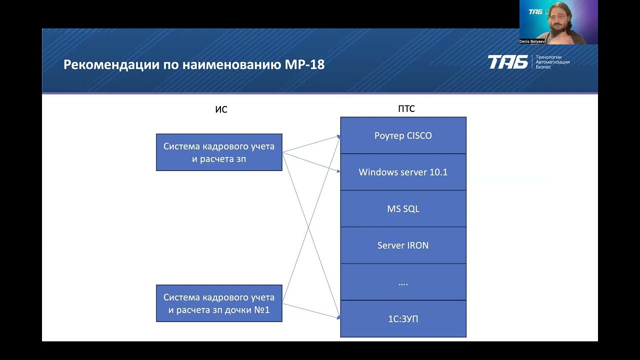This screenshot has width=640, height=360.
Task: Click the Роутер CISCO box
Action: pyautogui.click(x=403, y=135)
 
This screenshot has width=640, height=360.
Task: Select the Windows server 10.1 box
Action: pyautogui.click(x=403, y=172)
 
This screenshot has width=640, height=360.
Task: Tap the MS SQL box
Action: pyautogui.click(x=403, y=208)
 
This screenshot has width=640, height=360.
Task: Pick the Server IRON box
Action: pyautogui.click(x=403, y=245)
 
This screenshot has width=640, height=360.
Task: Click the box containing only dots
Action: pyautogui.click(x=403, y=282)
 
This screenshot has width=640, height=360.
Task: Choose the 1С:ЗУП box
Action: pyautogui.click(x=403, y=318)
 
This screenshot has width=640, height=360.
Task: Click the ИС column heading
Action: pyautogui.click(x=221, y=109)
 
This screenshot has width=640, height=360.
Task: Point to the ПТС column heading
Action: pyautogui.click(x=406, y=109)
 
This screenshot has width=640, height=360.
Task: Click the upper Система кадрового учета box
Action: pyautogui.click(x=219, y=152)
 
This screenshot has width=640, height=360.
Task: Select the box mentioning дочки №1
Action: pyautogui.click(x=219, y=303)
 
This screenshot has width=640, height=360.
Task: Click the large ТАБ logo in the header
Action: pyautogui.click(x=507, y=62)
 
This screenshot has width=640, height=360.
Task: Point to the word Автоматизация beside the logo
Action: pyautogui.click(x=552, y=62)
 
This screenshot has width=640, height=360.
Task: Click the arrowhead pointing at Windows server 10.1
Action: pyautogui.click(x=338, y=171)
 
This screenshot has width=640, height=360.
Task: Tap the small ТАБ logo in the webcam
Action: pyautogui.click(x=535, y=11)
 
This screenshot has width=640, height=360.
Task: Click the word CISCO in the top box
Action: pyautogui.click(x=419, y=135)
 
